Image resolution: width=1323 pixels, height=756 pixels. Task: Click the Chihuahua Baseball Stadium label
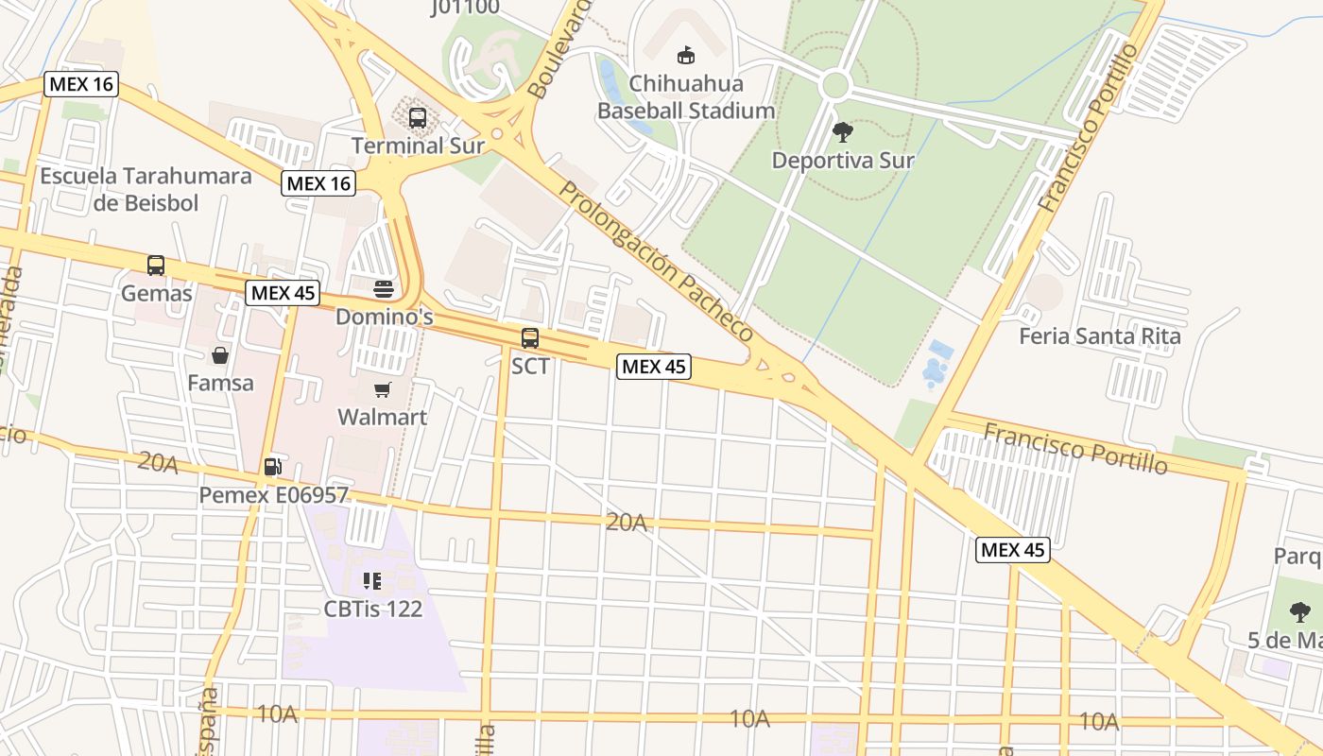[x=686, y=97]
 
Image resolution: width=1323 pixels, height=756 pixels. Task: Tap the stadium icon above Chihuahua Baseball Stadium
[x=686, y=57]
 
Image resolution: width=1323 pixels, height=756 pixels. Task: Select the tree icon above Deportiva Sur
[x=842, y=132]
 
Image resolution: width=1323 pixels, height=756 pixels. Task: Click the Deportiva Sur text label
[x=842, y=161]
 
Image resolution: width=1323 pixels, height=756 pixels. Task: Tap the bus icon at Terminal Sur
[x=417, y=118]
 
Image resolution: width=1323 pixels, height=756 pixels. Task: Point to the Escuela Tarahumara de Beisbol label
[x=146, y=189]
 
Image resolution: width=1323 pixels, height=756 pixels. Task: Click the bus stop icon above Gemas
[x=156, y=266]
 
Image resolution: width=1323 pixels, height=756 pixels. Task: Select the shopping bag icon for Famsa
[x=220, y=355]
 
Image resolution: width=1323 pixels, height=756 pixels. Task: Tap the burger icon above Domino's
[x=384, y=288]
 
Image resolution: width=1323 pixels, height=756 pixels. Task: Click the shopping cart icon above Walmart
[x=383, y=390]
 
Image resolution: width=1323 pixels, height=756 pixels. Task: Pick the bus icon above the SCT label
[x=530, y=338]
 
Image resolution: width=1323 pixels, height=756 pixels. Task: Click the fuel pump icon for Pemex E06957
[x=272, y=466]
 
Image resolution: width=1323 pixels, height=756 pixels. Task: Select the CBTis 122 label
[x=373, y=609]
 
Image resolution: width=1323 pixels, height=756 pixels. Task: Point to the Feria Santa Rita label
[x=1099, y=336]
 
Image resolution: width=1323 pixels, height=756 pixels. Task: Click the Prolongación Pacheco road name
[x=656, y=262]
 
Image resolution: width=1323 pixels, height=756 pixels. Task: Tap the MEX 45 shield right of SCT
[x=654, y=367]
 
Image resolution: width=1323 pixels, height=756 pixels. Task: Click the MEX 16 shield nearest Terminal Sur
[x=318, y=183]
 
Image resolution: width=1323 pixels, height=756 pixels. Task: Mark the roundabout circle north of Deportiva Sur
[x=835, y=86]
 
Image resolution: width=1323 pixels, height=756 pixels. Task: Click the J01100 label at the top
[x=465, y=8]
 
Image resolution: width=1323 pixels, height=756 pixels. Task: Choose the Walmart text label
[x=383, y=417]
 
